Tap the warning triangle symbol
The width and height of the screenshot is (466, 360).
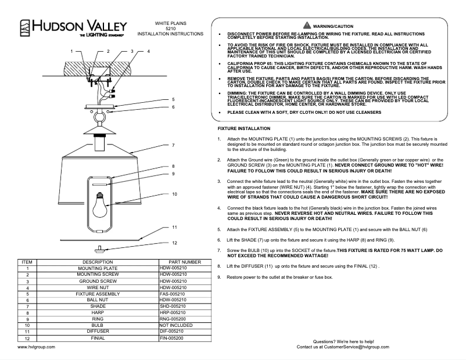[x=307, y=26]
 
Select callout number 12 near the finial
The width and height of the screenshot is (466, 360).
[x=173, y=243]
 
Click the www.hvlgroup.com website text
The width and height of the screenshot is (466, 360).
[x=37, y=347]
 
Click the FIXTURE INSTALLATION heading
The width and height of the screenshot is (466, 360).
[x=243, y=128]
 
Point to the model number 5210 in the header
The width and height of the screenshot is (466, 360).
[x=170, y=28]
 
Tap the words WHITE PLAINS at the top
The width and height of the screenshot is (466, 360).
[x=170, y=23]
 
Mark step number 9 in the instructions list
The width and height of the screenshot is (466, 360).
[x=219, y=277]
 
